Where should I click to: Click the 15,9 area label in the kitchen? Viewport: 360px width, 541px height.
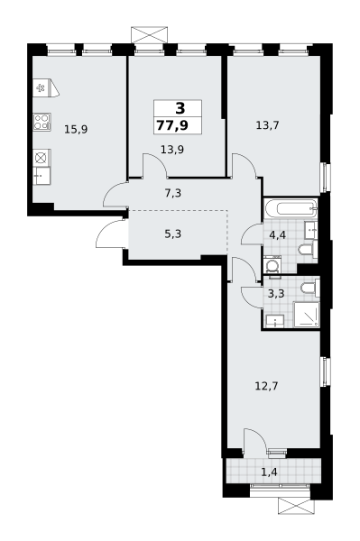pos(76,130)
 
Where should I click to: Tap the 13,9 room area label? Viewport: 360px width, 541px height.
pos(172,150)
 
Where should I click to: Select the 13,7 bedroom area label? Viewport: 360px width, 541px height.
pos(267,125)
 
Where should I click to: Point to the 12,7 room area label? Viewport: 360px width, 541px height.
pos(266,385)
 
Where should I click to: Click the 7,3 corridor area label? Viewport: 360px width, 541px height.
pos(173,193)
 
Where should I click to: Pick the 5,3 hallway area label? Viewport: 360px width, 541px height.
pos(173,234)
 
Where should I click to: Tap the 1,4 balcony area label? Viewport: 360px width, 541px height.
pos(269,472)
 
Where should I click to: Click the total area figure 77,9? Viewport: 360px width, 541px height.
pos(172,125)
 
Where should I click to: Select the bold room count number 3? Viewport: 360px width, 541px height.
pos(180,108)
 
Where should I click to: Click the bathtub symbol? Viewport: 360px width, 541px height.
pos(291,209)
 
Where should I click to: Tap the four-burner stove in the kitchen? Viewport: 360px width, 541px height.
pos(42,122)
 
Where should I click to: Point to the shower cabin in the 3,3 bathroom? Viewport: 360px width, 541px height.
pos(307,315)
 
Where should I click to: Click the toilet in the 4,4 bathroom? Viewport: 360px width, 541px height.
pos(308,249)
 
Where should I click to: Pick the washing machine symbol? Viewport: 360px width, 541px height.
pos(272,266)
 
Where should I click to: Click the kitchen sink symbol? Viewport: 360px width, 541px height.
pos(42,176)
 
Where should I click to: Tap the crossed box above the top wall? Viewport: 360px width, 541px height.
pos(149,35)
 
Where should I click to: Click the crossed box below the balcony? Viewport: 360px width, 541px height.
pos(297,506)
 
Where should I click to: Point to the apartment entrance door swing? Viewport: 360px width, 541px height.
pos(109,233)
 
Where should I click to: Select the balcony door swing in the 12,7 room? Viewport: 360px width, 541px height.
pos(254,440)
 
